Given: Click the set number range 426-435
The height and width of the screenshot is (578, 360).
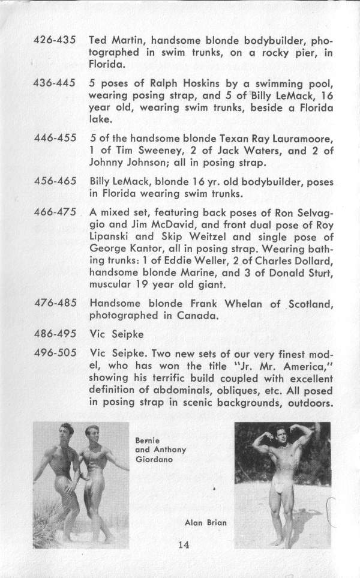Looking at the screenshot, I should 53,41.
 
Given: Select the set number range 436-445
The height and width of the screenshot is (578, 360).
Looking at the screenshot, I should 53,80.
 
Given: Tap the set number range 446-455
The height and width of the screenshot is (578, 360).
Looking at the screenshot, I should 53,137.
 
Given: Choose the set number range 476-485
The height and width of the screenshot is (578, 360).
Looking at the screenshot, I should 53,304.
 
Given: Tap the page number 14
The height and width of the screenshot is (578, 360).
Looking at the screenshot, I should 184,545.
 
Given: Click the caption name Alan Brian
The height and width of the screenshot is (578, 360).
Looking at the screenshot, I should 205,522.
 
